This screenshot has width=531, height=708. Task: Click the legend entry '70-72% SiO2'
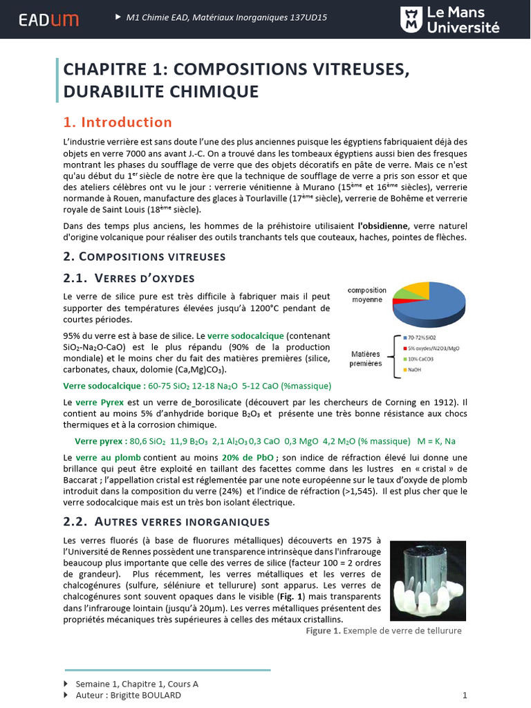tap(422, 337)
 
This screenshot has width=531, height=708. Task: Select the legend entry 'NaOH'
tap(416, 371)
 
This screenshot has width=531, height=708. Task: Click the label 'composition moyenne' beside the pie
tap(367, 295)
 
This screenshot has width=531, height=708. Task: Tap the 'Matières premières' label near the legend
tap(365, 357)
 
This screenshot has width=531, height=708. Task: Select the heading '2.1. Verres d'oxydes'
tap(129, 278)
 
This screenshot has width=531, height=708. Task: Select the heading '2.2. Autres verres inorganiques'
tap(166, 521)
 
